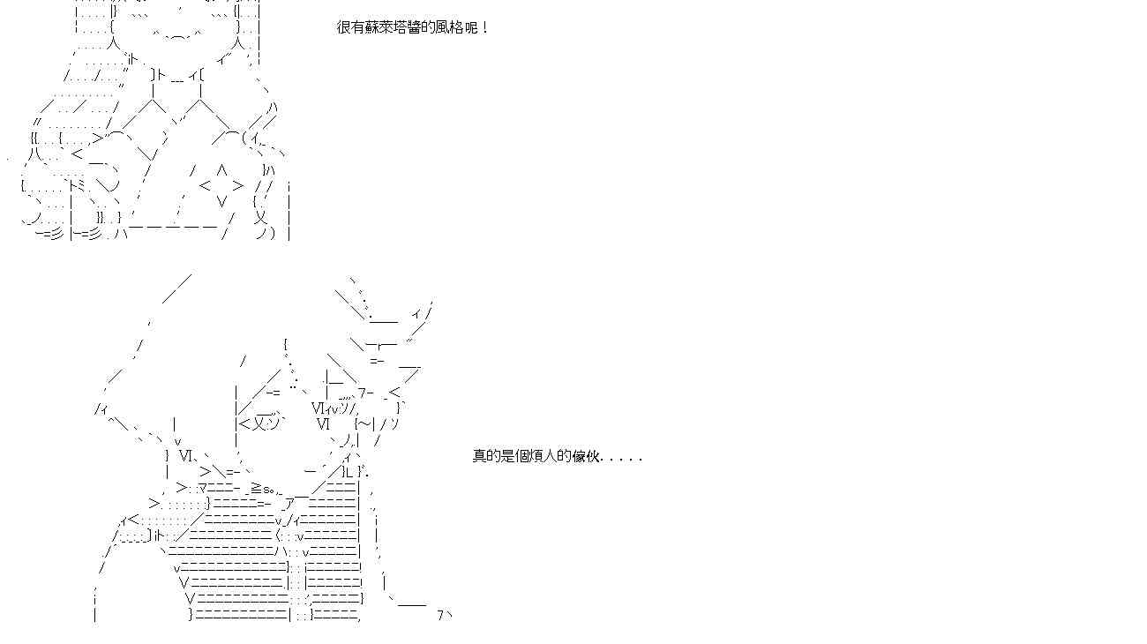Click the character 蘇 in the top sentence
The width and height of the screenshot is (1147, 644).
(x=371, y=27)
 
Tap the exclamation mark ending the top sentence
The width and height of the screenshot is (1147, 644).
(x=486, y=27)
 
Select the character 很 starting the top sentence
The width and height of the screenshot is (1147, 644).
(x=343, y=27)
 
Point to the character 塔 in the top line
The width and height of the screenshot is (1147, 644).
(x=400, y=27)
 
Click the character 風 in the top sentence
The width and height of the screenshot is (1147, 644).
(x=442, y=27)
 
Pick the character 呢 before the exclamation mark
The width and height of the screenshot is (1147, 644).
(x=470, y=27)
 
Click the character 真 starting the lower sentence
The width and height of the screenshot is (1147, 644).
(x=479, y=456)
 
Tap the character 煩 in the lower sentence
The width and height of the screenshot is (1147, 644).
(x=536, y=456)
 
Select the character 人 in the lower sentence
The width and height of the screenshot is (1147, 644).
(x=550, y=456)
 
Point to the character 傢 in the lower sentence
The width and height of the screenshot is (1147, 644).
(x=578, y=456)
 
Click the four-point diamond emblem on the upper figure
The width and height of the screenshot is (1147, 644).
(x=221, y=185)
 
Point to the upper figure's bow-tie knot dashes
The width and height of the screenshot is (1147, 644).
(x=177, y=79)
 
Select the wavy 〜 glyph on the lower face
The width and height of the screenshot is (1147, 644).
(x=365, y=423)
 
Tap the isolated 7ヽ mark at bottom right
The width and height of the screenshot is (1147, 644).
(x=445, y=615)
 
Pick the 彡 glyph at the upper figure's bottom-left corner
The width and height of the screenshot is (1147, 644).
(x=55, y=234)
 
